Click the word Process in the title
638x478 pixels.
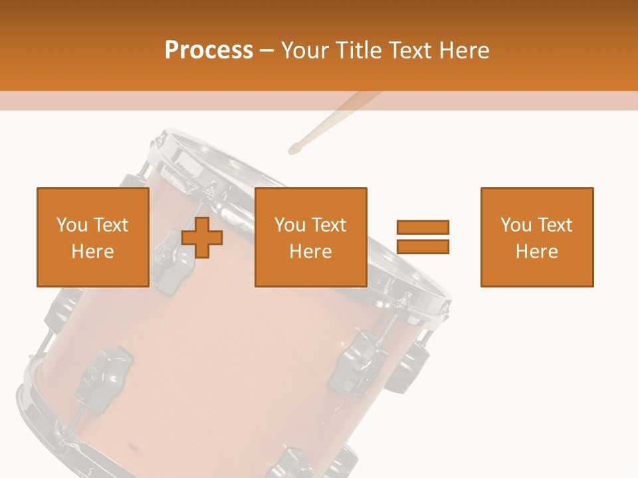coord(209,50)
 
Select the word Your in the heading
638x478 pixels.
coord(305,50)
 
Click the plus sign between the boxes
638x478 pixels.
coord(202,238)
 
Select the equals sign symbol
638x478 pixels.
coord(423,237)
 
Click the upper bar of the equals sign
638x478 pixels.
coord(423,227)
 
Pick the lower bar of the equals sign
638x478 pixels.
coord(423,247)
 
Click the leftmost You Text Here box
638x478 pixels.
coord(93,238)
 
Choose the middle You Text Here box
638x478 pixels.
coord(311,238)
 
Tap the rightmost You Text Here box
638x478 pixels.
coord(537,238)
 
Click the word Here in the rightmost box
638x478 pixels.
coord(537,251)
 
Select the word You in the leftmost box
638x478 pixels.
coord(72,225)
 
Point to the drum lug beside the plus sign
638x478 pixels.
coord(171,260)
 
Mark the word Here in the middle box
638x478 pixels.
coord(311,251)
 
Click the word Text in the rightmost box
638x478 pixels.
coord(555,225)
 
